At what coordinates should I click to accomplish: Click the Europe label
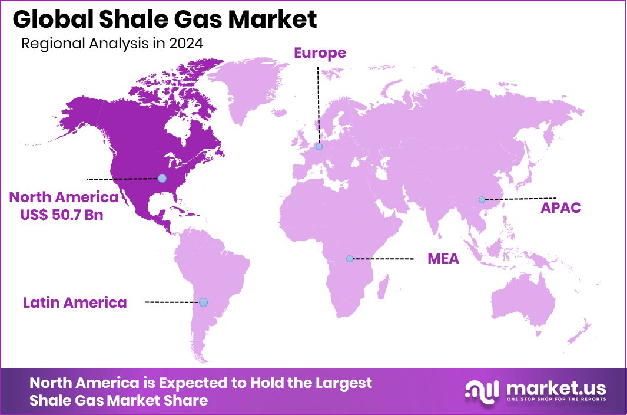[320, 53]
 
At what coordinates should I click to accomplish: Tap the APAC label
[561, 207]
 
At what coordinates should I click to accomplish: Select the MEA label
[443, 259]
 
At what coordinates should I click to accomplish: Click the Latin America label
[75, 303]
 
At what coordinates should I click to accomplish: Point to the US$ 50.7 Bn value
[61, 215]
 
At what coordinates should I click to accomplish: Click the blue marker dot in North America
[162, 178]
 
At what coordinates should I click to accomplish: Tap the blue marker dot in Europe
[319, 147]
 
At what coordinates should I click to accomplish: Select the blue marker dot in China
[482, 200]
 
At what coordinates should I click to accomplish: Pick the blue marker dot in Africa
[349, 259]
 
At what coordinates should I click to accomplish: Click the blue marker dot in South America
[203, 302]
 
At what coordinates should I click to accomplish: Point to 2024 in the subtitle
[186, 44]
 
